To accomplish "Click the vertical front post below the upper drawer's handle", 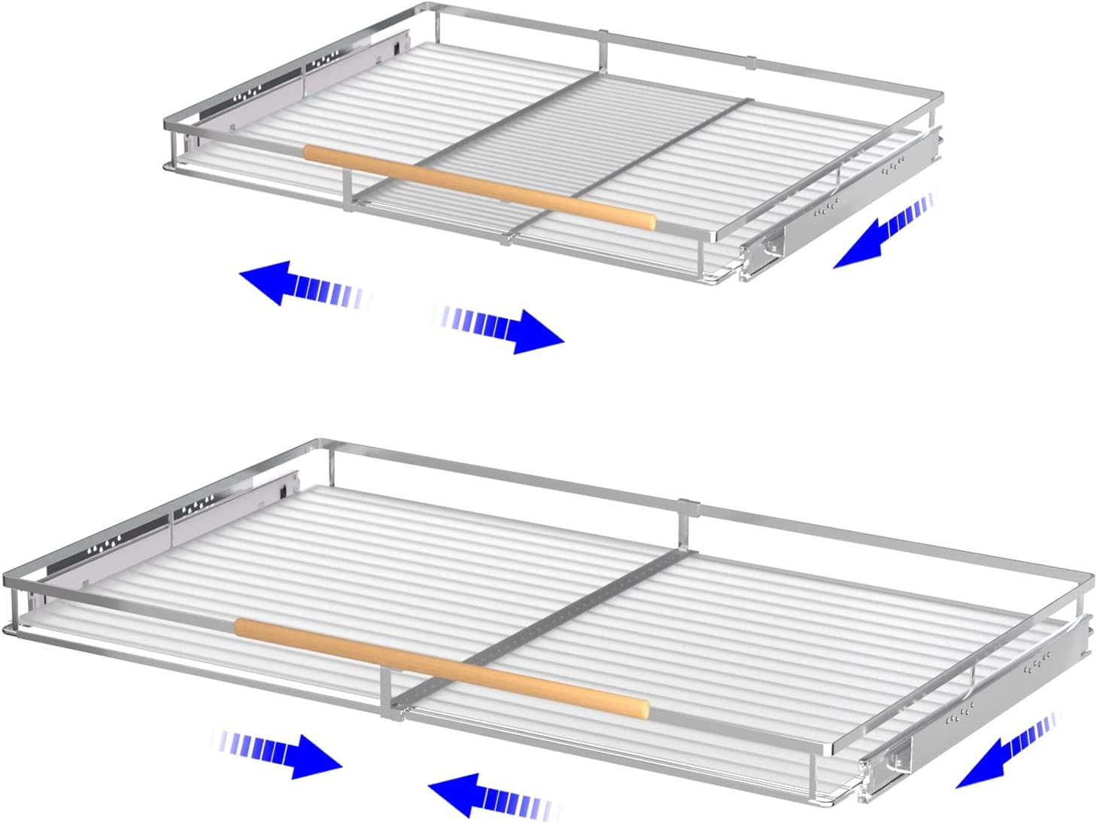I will click(348, 189).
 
